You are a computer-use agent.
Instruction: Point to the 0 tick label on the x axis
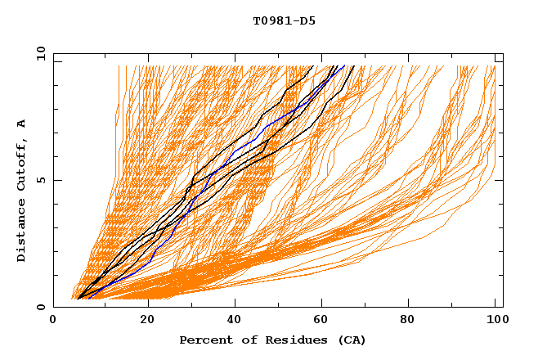coord(53,320)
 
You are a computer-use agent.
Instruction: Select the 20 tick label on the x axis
coord(142,320)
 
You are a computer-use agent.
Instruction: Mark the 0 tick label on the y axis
coord(41,308)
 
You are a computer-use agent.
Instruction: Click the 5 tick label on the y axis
coord(41,180)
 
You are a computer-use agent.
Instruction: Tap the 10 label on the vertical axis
coord(38,53)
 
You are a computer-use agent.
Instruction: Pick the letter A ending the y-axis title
coord(22,123)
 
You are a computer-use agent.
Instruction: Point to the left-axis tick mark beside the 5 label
coord(56,180)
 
